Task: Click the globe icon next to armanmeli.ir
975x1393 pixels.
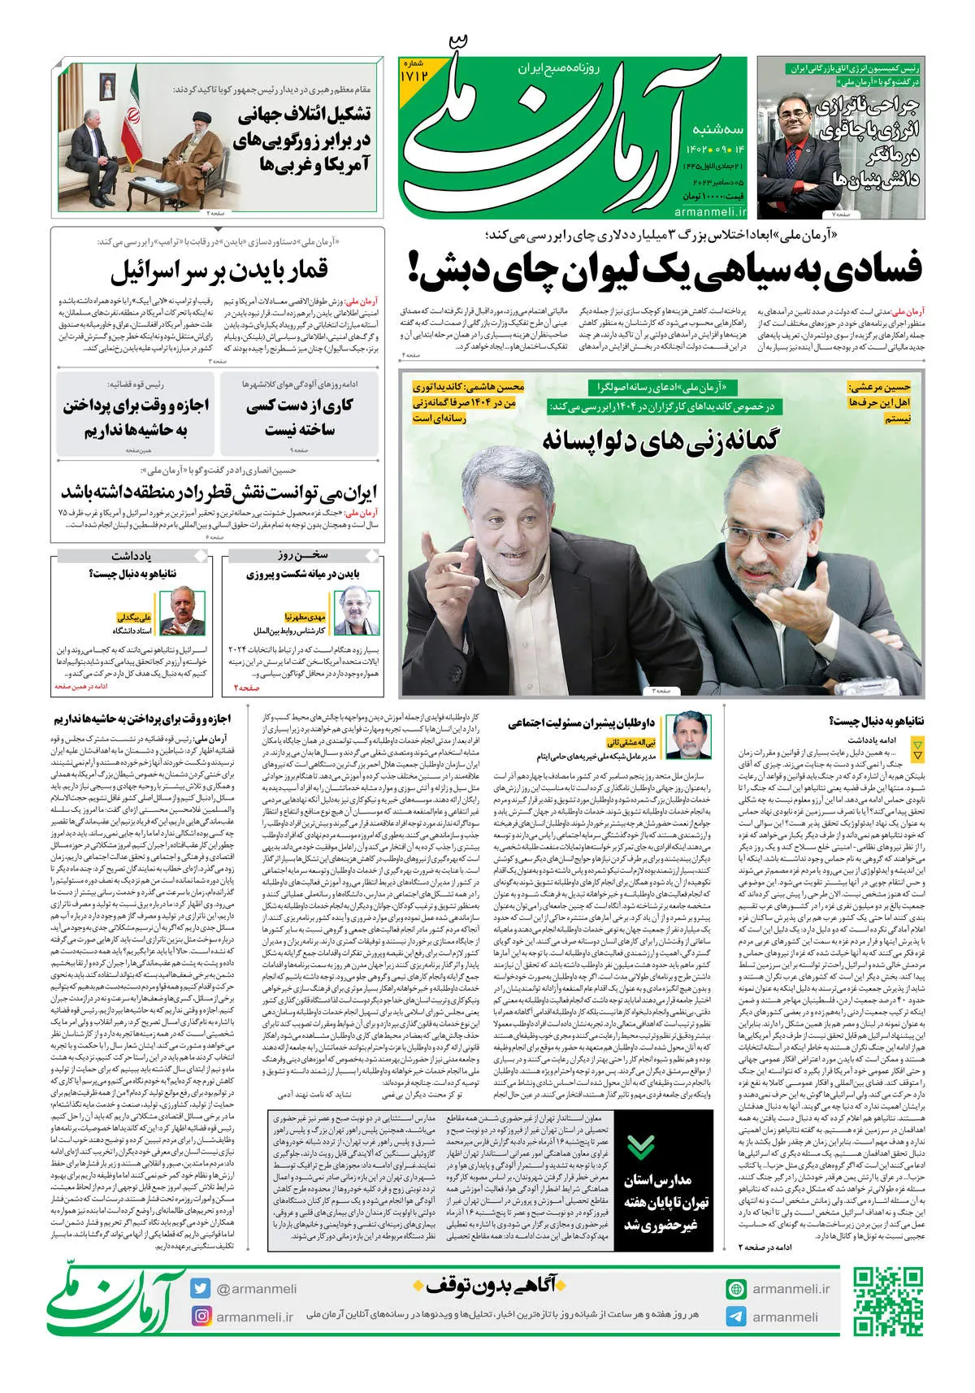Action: point(736,1289)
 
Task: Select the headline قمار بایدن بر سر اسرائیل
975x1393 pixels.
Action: point(219,271)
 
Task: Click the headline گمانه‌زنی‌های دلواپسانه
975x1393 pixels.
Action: point(660,439)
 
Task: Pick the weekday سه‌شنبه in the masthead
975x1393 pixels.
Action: point(718,129)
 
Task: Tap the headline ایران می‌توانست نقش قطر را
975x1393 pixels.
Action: point(219,493)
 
